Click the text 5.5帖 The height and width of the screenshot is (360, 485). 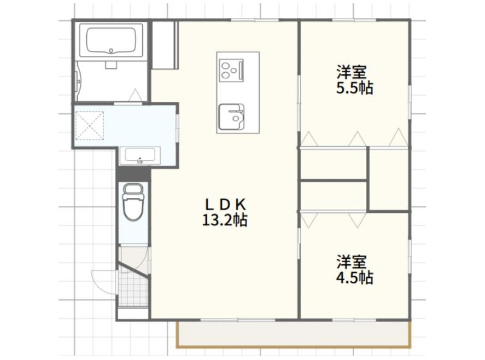coord(354,88)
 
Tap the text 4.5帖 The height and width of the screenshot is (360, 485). coord(354,277)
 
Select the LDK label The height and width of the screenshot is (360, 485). coord(225,204)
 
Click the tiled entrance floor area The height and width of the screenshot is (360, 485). coord(132,288)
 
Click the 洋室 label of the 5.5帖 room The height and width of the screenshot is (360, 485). coord(351,72)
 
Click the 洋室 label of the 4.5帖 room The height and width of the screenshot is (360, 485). coord(351,261)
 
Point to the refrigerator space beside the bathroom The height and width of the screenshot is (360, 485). coord(164,45)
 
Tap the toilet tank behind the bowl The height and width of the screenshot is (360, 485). coord(133,189)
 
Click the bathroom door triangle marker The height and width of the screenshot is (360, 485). coord(135,96)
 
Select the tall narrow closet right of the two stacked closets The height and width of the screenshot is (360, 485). coord(388,179)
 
